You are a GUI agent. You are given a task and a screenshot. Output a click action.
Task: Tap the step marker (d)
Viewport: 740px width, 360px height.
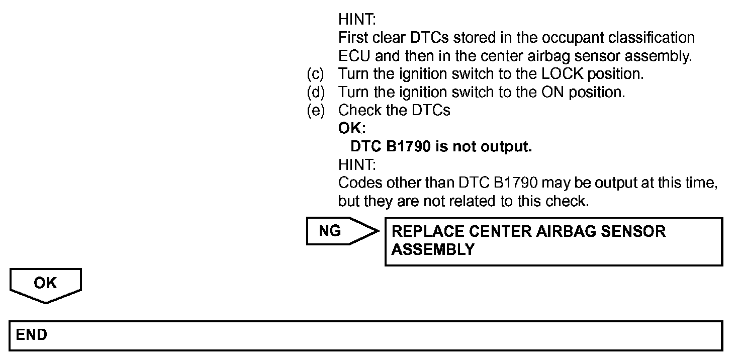click(x=316, y=93)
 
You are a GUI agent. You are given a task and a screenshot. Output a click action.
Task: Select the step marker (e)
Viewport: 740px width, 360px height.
click(x=316, y=111)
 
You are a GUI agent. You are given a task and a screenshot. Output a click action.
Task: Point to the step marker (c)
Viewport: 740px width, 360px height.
click(x=316, y=74)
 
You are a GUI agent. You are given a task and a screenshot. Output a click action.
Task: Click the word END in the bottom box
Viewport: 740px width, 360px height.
click(x=31, y=335)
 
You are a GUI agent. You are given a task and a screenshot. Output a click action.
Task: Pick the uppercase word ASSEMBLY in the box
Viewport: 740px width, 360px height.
click(x=433, y=249)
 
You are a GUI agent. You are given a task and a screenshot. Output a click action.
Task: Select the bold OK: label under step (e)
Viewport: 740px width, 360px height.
click(x=352, y=129)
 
